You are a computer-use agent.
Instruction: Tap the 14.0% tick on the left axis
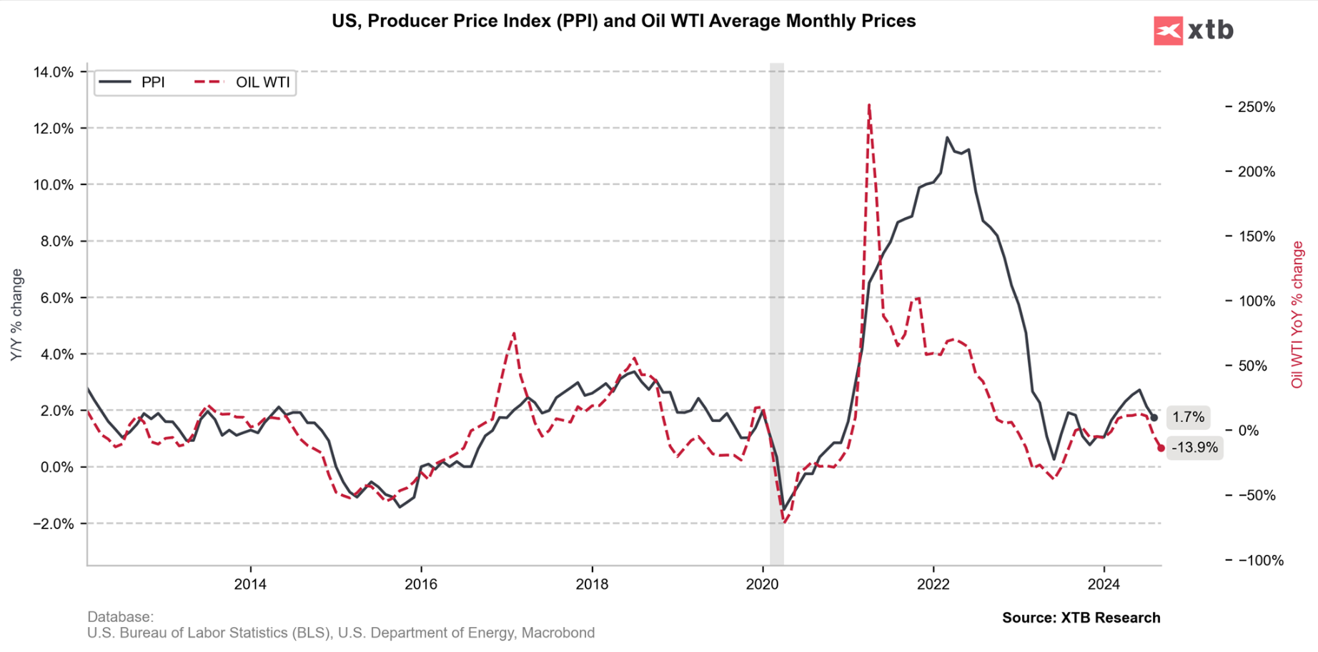click(x=53, y=72)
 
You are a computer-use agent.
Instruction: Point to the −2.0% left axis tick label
click(x=51, y=524)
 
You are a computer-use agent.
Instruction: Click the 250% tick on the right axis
click(x=1255, y=107)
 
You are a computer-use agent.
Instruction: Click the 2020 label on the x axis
click(x=762, y=585)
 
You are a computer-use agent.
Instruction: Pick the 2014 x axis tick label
click(x=250, y=585)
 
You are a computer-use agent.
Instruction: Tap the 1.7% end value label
click(x=1188, y=417)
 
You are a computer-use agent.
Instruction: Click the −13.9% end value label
click(x=1194, y=448)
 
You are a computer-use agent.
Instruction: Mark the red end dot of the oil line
click(x=1161, y=448)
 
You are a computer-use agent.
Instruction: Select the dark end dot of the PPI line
click(x=1154, y=418)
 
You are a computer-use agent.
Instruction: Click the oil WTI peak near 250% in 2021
click(x=868, y=105)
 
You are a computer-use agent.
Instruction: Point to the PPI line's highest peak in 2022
click(x=947, y=137)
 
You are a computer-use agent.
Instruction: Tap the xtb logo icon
click(x=1168, y=31)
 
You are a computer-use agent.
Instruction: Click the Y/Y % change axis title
click(x=16, y=315)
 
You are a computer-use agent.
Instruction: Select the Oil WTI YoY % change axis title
click(x=1297, y=315)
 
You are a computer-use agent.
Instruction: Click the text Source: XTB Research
click(x=1081, y=618)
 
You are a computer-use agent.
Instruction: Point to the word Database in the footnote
click(x=119, y=616)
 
